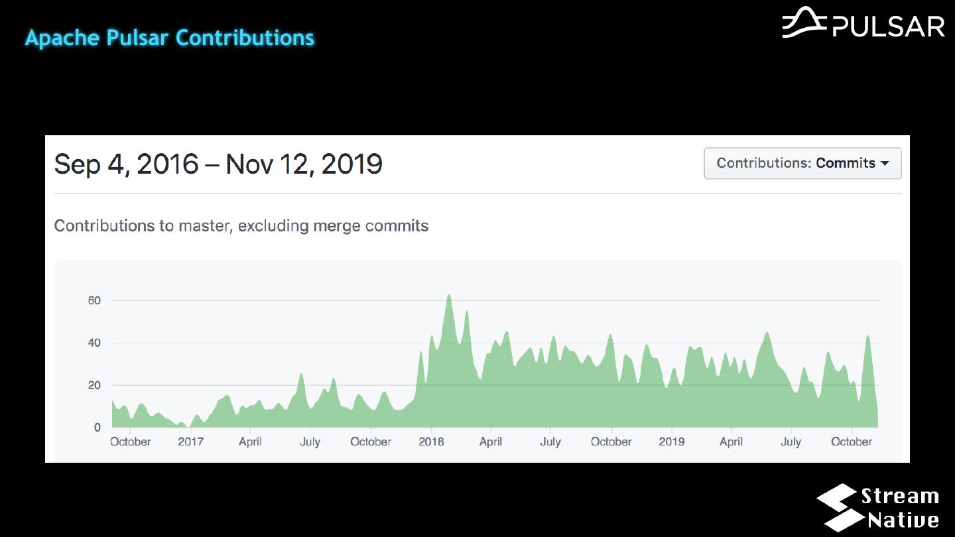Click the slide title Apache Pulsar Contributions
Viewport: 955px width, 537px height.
[x=170, y=38]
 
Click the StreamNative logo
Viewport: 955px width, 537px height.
[x=878, y=508]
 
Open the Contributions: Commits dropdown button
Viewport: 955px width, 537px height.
[x=802, y=163]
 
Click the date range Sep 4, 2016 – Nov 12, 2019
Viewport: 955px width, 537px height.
[x=218, y=164]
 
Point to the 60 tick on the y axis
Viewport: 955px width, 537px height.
[x=94, y=300]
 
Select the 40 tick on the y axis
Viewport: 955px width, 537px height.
[x=94, y=343]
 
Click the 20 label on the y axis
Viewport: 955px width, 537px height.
[x=94, y=385]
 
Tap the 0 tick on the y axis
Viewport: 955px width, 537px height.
[x=97, y=428]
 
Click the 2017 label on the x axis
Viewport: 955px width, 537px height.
[x=190, y=442]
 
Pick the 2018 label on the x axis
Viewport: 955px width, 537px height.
[x=431, y=442]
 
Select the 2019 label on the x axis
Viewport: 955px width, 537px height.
[x=672, y=442]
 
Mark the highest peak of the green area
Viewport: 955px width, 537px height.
[x=449, y=296]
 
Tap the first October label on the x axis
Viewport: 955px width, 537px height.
[x=131, y=442]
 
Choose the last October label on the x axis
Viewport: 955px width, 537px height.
[x=852, y=442]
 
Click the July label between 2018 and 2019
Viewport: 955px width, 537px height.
[x=550, y=442]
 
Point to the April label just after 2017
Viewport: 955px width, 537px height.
[x=250, y=442]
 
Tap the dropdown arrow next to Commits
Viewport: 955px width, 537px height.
[x=885, y=164]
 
